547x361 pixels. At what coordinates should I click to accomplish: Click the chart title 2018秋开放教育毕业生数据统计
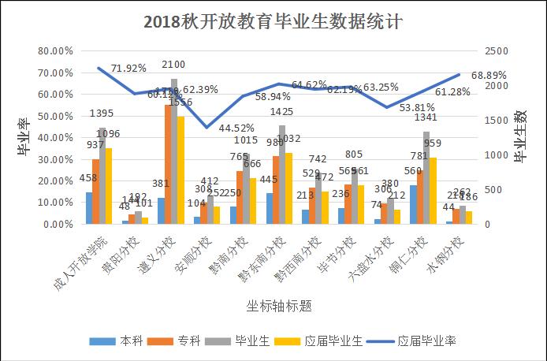pos(273,21)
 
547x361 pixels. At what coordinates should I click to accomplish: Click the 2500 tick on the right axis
pos(495,50)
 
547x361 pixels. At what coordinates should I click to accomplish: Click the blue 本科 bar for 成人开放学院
pos(89,208)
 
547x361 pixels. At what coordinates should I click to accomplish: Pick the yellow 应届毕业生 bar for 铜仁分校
pos(433,191)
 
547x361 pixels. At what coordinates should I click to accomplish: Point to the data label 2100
pos(173,64)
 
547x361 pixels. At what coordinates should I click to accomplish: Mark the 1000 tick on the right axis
pos(495,154)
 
